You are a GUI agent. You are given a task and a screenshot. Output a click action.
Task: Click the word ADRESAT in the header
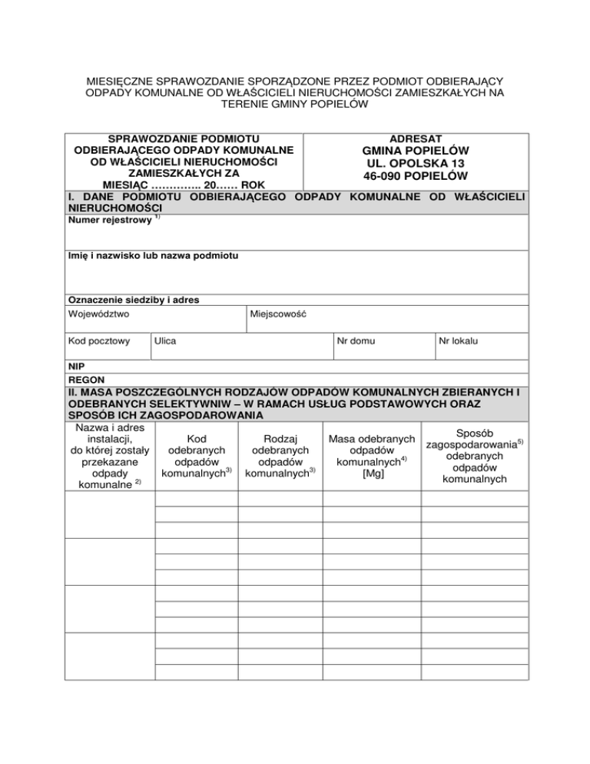415,138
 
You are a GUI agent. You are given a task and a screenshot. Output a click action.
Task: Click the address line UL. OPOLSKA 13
415,164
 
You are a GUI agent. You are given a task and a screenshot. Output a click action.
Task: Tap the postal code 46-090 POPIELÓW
415,177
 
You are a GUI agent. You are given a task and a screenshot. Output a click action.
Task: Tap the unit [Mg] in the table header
372,474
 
